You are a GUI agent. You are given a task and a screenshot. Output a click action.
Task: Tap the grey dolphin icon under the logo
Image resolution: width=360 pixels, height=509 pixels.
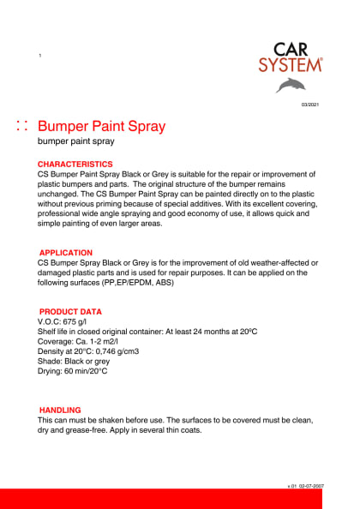pos(289,85)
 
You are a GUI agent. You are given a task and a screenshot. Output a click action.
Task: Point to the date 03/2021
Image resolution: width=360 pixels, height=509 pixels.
pos(310,105)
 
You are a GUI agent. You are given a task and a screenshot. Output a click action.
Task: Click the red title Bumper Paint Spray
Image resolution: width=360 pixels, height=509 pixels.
pos(102,126)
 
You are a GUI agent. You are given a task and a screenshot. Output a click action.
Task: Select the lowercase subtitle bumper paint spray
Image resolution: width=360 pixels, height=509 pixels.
pos(75,143)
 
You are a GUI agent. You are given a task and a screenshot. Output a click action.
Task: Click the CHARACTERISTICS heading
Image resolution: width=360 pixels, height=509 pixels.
pos(75,164)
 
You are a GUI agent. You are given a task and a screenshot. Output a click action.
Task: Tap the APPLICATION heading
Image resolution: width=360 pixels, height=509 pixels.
pos(66,253)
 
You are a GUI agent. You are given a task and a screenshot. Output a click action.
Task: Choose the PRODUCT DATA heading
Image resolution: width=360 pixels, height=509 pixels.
pos(70,311)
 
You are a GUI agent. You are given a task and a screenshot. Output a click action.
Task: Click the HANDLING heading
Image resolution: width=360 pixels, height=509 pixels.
pos(60,410)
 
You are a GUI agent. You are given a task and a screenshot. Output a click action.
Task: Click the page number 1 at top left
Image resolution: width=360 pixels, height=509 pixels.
pos(39,56)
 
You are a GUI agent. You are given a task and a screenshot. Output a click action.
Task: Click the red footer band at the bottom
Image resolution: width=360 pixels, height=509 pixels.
pos(180,499)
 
